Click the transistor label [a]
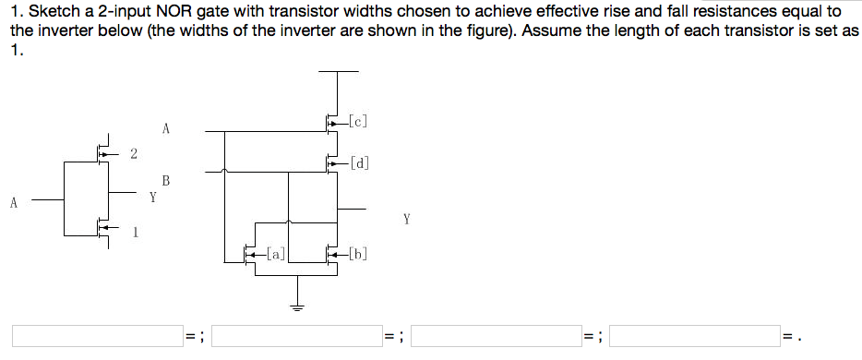274,250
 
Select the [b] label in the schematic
359,250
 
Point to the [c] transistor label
359,120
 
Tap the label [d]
360,164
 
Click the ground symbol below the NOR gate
297,307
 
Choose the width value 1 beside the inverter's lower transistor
135,233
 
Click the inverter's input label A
14,203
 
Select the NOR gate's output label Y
407,220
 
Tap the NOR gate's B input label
166,179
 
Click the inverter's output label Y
153,196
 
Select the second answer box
297,335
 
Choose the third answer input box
496,335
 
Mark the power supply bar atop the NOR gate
339,71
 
